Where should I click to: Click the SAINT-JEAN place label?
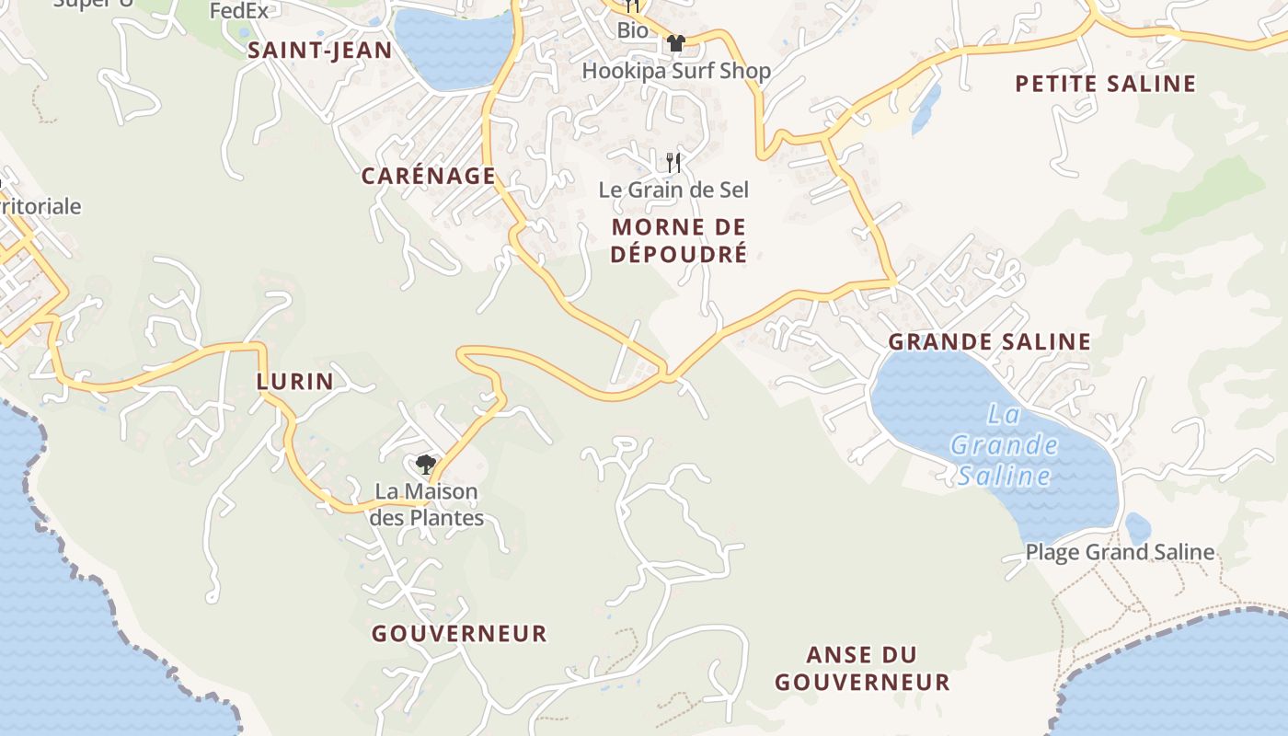coord(320,51)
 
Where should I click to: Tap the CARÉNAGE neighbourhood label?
coord(428,176)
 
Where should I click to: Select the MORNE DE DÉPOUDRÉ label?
coord(679,240)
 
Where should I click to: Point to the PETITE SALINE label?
coord(1105,84)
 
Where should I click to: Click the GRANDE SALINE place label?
coord(989,342)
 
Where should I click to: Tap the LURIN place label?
coord(295,381)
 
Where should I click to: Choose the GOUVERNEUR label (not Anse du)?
coord(459,633)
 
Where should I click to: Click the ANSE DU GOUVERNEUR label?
coord(862,668)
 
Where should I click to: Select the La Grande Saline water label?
coord(1004,445)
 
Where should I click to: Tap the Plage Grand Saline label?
coord(1120,552)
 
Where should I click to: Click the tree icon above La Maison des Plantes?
coord(424,464)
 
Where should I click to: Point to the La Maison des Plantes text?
coord(426,504)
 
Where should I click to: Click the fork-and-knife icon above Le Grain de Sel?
coord(673,163)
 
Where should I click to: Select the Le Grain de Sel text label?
coord(673,190)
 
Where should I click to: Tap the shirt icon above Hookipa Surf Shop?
coord(676,42)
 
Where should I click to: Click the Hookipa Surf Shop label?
coord(676,70)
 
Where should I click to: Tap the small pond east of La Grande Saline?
coord(1138,528)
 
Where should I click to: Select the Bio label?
coord(632,29)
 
